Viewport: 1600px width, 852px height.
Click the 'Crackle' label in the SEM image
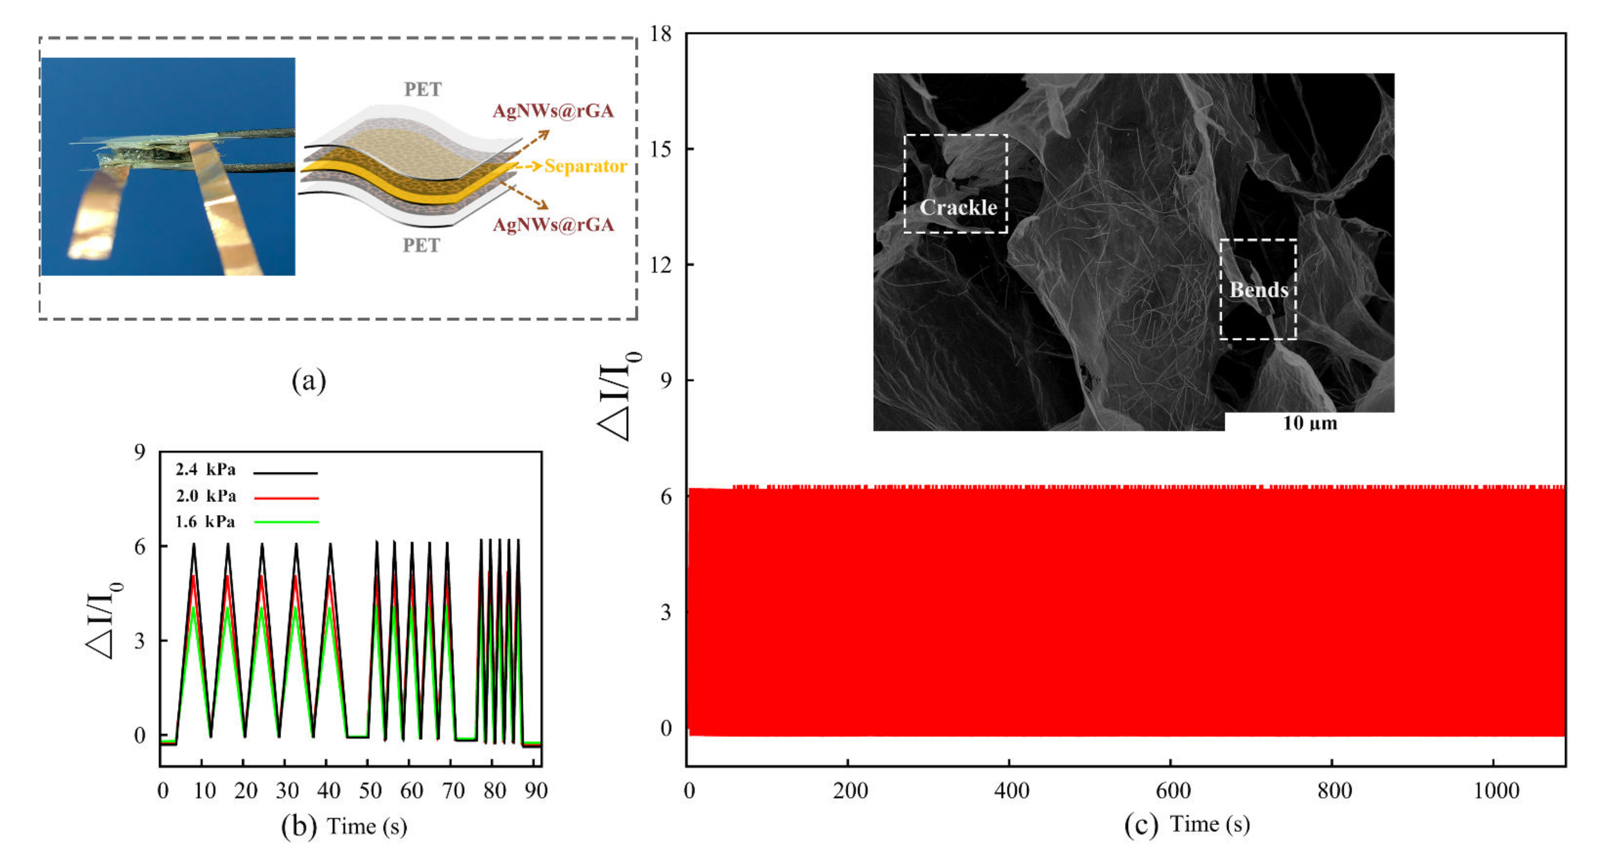click(958, 207)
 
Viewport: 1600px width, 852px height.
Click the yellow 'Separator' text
click(585, 167)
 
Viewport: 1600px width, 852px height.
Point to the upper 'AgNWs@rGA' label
click(553, 111)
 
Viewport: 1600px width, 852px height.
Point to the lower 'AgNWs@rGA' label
click(553, 225)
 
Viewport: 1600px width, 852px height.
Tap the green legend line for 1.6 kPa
click(286, 522)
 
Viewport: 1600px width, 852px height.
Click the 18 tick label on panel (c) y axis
click(661, 34)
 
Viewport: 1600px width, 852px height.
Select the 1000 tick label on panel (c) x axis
click(1496, 791)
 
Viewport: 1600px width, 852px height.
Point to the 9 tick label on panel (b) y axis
click(140, 452)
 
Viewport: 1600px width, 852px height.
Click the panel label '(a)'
click(309, 380)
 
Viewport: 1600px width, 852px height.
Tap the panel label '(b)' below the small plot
click(299, 827)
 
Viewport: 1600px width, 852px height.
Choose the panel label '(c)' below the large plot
click(1141, 825)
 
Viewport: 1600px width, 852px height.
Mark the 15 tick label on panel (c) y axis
click(661, 149)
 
